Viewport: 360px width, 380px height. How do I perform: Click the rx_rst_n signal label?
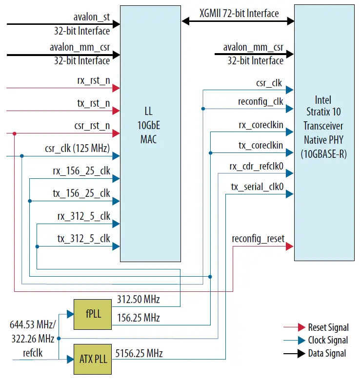94,80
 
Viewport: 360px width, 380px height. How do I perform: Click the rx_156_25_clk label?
81,171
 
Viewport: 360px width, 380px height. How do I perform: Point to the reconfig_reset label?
258,239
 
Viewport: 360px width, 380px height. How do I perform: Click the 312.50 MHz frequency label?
139,299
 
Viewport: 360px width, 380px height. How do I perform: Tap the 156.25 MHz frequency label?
139,318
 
